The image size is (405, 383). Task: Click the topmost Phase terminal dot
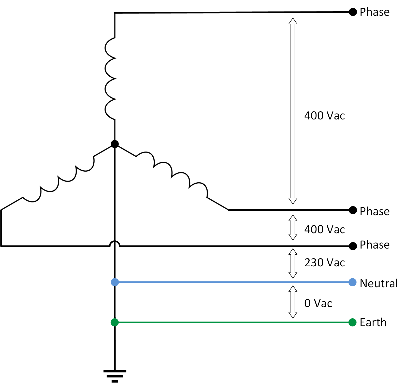pos(353,12)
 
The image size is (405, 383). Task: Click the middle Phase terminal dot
pos(353,210)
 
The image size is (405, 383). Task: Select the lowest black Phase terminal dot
pos(353,246)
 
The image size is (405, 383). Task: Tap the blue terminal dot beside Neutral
pos(352,282)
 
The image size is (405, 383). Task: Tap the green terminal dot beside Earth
pos(352,322)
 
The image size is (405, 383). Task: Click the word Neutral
pos(379,283)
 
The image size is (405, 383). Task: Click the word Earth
pos(373,323)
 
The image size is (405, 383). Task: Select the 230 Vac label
pos(324,263)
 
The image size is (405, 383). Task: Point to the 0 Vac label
pos(318,303)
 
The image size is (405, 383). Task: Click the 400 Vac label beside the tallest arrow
pos(324,116)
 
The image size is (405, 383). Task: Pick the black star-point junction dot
pos(115,144)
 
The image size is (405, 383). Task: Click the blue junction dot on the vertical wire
pos(115,282)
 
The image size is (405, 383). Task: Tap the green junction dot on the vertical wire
pos(115,322)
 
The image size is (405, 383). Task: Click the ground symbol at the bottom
pos(115,375)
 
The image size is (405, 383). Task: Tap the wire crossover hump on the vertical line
pos(115,243)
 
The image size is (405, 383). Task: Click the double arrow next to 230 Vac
pos(293,263)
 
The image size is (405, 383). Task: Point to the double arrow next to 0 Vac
pos(293,302)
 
